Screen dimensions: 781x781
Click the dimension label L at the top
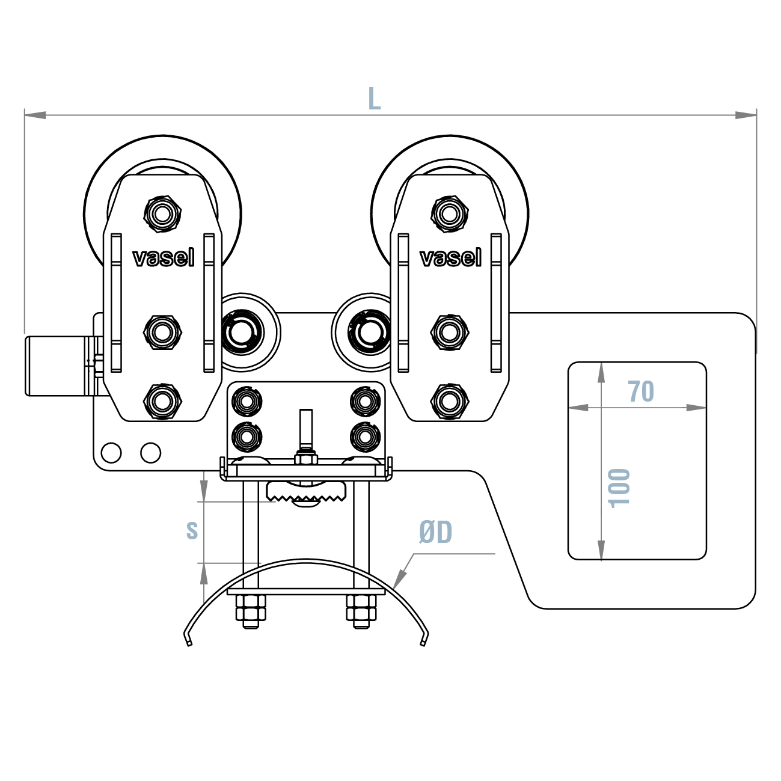pos(374,99)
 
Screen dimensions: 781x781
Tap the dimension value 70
pos(641,391)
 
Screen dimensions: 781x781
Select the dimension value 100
pos(620,488)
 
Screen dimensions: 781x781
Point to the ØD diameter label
pos(436,532)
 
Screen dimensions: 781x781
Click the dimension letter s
pos(192,530)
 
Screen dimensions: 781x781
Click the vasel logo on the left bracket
pos(163,258)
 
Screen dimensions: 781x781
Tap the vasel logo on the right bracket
pos(450,258)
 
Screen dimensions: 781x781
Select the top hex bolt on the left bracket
pos(162,212)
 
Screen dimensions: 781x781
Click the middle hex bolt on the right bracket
pos(450,331)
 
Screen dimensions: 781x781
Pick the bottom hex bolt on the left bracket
pos(162,400)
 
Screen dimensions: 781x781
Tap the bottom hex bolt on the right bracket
pos(450,400)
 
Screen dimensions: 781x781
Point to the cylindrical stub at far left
pos(57,366)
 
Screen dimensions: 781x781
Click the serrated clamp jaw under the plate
pos(307,492)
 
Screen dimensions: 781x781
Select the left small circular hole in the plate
pos(111,452)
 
